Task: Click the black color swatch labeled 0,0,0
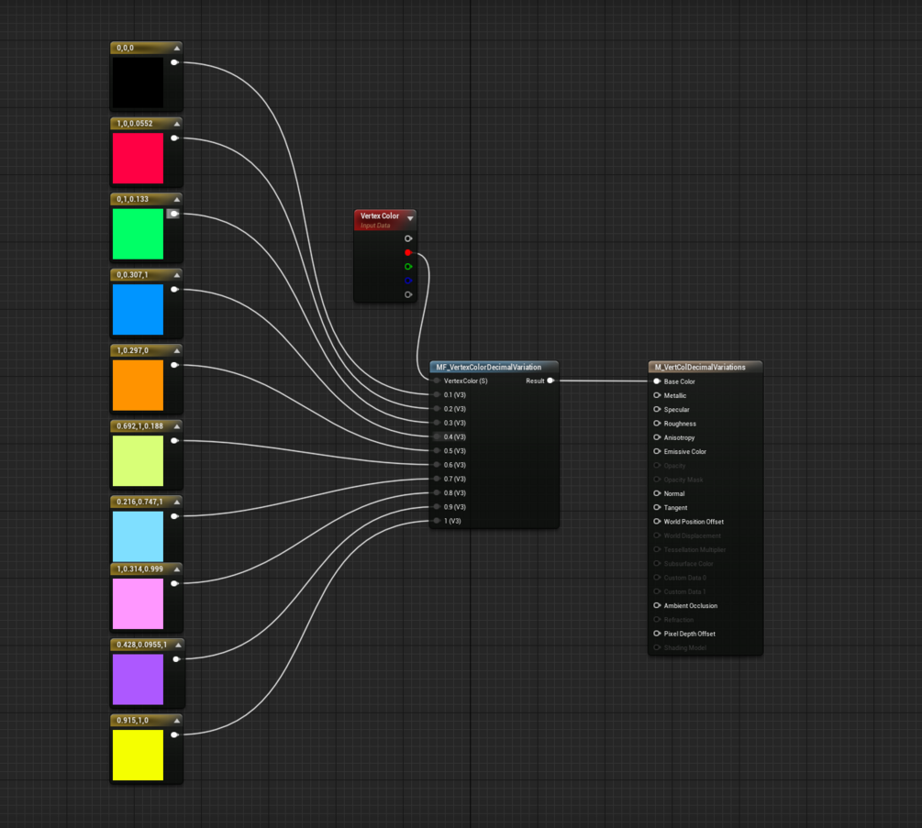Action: (138, 83)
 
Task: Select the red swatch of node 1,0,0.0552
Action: (138, 158)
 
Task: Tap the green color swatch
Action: (138, 234)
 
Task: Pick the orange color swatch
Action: (138, 385)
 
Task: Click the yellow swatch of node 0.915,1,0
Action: (138, 755)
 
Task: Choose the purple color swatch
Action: (138, 679)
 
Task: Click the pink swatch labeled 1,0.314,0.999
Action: (138, 603)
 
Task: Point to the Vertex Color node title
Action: (379, 216)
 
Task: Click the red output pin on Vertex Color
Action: (408, 252)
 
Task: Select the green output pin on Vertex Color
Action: (408, 267)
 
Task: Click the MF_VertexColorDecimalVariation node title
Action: (488, 367)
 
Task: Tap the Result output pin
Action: (550, 381)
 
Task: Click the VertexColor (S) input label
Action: (465, 381)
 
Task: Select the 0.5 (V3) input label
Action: (454, 451)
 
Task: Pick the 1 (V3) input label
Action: (452, 521)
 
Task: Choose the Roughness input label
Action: (680, 424)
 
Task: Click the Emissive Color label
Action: (684, 452)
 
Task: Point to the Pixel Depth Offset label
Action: (689, 634)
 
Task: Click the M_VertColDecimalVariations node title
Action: (697, 367)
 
